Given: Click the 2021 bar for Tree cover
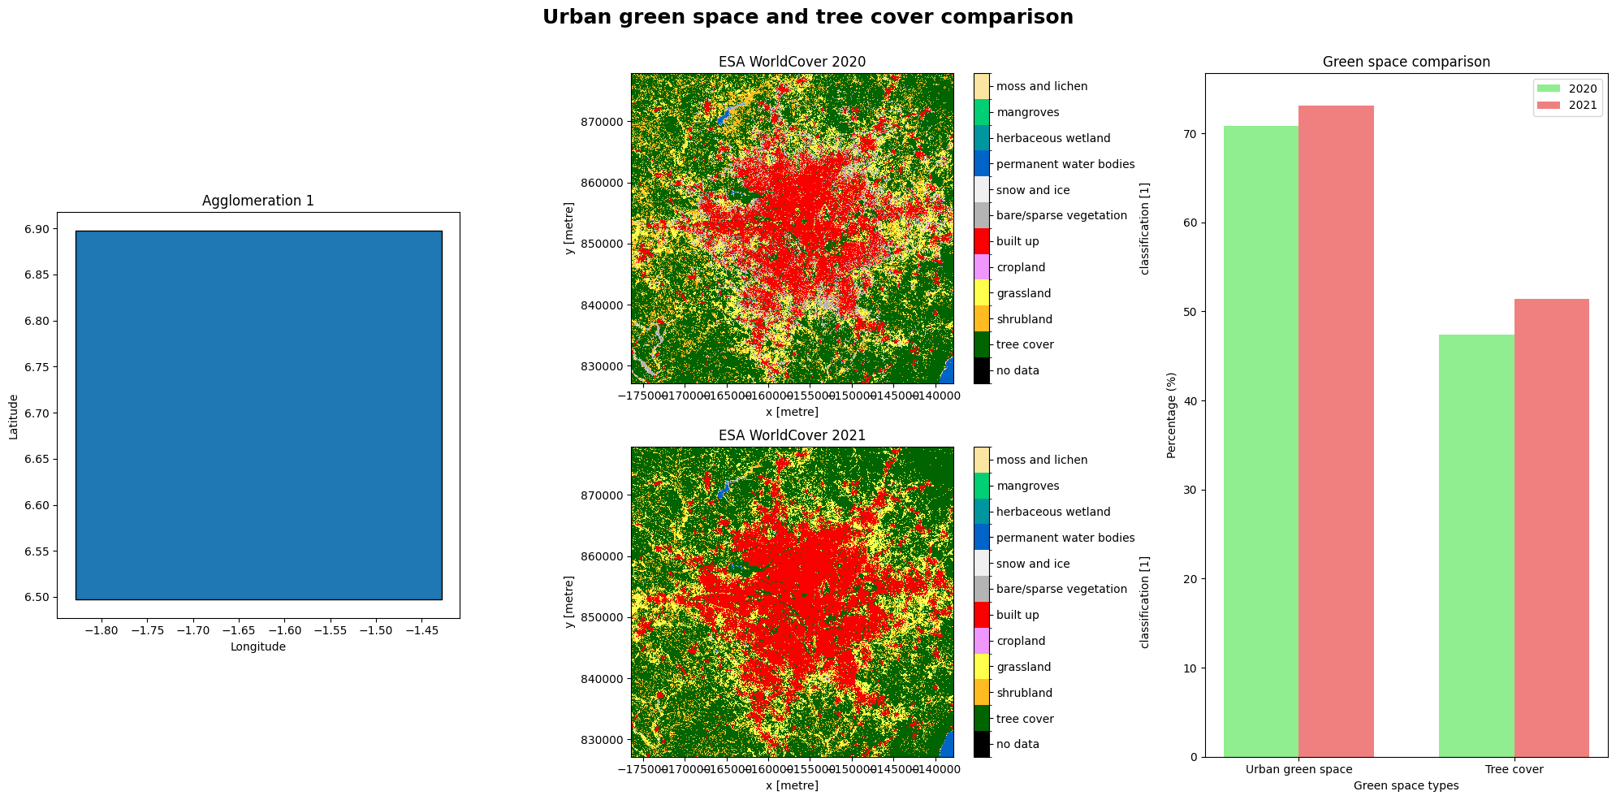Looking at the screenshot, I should (x=1551, y=528).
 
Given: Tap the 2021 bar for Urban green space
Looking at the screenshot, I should (x=1336, y=431).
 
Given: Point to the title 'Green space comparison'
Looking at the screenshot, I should (x=1406, y=62).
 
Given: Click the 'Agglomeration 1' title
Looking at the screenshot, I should (x=257, y=201).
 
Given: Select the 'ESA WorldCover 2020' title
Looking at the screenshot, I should (x=792, y=62).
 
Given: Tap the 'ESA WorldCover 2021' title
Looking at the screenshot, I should (x=792, y=435).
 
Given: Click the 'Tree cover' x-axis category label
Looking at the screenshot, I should (x=1514, y=769).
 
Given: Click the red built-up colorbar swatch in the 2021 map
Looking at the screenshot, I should (x=981, y=615).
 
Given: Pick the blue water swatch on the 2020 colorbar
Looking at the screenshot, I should (x=981, y=163).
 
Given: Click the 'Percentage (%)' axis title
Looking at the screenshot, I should (x=1171, y=415).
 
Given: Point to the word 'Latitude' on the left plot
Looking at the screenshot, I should (x=13, y=417).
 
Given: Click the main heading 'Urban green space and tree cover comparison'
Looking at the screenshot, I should (x=807, y=17).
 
